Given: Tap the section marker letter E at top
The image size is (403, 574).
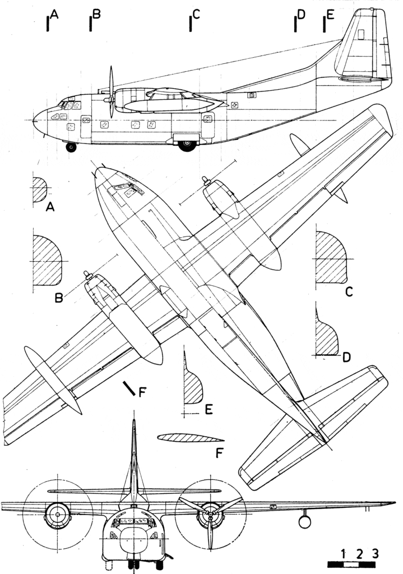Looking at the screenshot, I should tap(330, 16).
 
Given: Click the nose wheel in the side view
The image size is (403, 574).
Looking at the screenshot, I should tap(71, 147).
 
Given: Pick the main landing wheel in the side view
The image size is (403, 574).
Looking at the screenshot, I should tap(187, 145).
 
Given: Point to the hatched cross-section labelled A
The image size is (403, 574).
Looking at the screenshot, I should tap(40, 189).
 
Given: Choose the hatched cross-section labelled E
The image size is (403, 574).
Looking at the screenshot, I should tap(193, 387).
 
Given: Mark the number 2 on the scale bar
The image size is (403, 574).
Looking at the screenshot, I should tap(359, 554).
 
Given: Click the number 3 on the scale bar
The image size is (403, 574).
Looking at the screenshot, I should tap(375, 554).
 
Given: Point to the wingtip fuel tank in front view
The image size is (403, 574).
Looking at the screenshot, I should tap(304, 521).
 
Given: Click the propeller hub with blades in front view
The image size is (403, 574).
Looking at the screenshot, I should tap(209, 512).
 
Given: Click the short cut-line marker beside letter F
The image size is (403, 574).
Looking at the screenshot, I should tap(129, 388).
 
